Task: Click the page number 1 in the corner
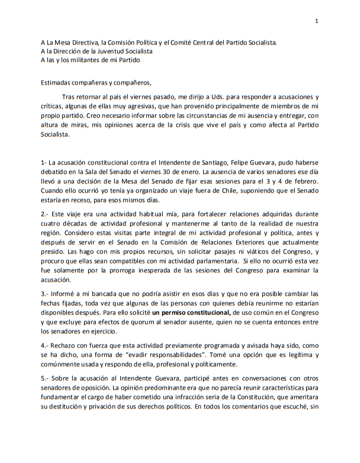(317, 21)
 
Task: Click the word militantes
(82, 60)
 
